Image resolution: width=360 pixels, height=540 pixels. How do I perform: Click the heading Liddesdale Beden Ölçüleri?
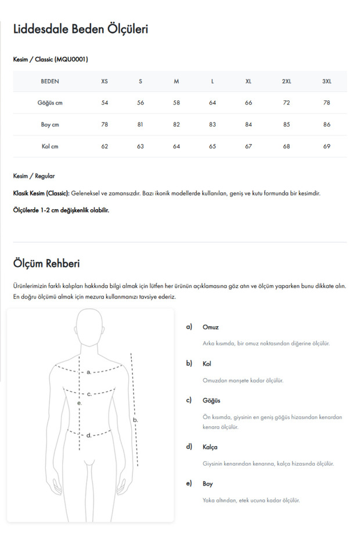(x=80, y=29)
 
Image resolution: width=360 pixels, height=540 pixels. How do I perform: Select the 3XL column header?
(x=326, y=81)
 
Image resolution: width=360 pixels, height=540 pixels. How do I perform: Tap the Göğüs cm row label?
(x=50, y=103)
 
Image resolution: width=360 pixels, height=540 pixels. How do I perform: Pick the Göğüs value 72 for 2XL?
(x=286, y=103)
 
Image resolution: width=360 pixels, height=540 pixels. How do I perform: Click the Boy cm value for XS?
(x=105, y=125)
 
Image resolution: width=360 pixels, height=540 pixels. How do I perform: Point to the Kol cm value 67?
(x=249, y=146)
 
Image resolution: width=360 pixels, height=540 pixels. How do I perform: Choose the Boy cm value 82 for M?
(x=177, y=125)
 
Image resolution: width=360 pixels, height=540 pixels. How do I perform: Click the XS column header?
(x=105, y=81)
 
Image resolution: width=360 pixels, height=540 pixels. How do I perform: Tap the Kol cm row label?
(x=50, y=146)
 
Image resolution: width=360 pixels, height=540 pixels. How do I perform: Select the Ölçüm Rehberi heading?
(x=46, y=264)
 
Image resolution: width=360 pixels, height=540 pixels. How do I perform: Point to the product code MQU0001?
(x=72, y=59)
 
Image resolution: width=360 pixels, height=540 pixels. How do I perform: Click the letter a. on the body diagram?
(x=89, y=372)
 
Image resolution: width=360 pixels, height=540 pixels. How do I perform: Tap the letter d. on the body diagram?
(x=89, y=435)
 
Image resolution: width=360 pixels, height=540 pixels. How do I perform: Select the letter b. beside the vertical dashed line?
(x=135, y=419)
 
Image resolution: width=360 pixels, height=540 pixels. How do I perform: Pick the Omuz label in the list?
(x=210, y=327)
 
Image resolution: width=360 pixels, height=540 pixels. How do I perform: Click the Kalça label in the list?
(x=210, y=447)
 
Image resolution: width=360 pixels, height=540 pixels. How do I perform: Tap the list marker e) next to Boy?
(x=189, y=484)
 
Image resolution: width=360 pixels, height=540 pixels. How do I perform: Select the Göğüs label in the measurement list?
(x=211, y=401)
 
